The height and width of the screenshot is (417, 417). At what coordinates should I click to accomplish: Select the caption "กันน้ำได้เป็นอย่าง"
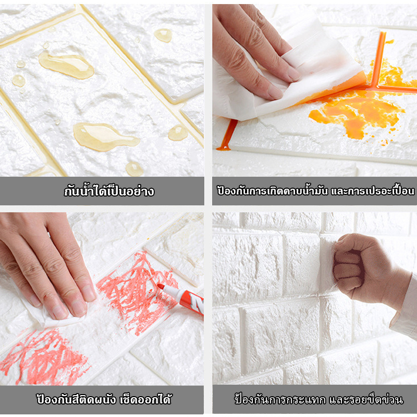[109, 191]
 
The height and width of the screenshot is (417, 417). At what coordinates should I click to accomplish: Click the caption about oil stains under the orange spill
[316, 191]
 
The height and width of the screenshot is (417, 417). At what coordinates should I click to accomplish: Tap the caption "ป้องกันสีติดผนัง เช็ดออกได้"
[104, 399]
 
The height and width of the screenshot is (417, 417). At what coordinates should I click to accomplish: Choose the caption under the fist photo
[318, 399]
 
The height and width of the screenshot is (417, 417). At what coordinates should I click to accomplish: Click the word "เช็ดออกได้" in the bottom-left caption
[146, 399]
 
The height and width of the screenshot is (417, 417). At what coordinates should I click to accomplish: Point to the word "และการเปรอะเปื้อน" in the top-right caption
[373, 191]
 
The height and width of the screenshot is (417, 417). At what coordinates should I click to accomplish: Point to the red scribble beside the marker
[136, 292]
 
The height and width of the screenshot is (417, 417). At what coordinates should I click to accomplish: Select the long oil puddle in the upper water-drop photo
[67, 65]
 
